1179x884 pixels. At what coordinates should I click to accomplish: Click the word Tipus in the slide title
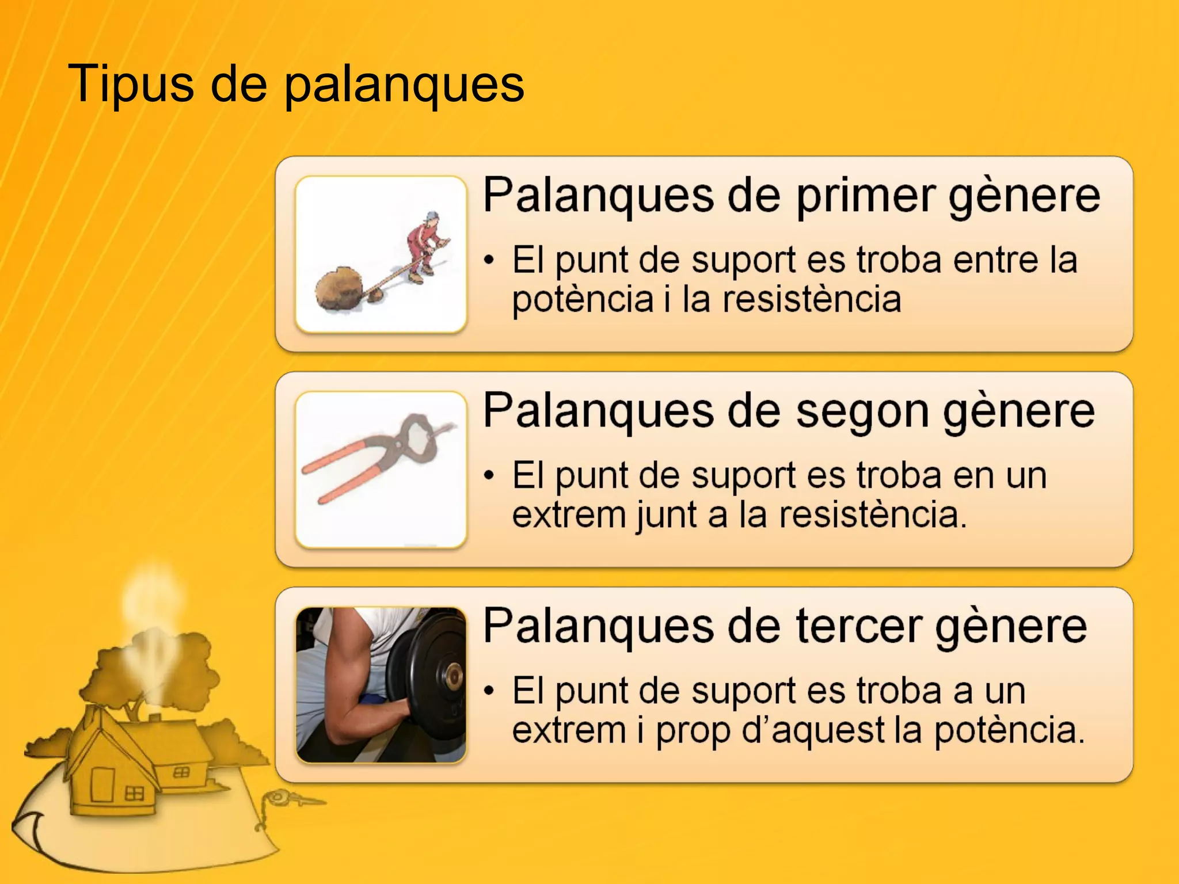130,84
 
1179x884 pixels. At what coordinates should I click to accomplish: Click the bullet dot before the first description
489,260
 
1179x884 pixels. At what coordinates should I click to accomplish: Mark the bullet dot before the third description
489,691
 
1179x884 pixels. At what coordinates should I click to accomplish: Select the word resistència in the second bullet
872,515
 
